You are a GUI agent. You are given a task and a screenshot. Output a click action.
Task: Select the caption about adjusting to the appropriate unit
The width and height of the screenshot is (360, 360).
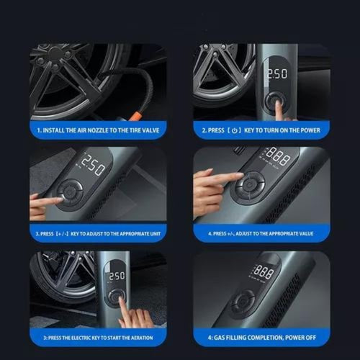(x=99, y=234)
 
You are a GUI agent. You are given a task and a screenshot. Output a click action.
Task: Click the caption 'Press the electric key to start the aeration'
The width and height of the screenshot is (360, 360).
(x=99, y=336)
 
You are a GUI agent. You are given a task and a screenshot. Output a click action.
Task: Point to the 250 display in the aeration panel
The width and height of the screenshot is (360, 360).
(x=116, y=275)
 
